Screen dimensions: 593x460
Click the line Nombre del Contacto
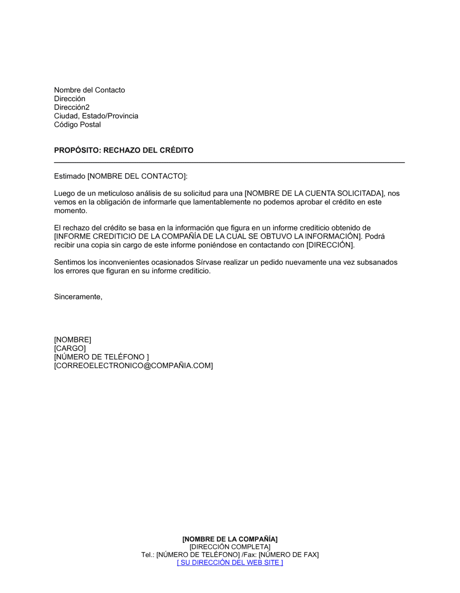point(89,90)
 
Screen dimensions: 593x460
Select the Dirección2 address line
point(72,108)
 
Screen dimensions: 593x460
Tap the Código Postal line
point(77,125)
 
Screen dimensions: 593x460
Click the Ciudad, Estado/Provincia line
point(96,116)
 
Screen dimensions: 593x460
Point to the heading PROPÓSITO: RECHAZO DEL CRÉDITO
point(124,150)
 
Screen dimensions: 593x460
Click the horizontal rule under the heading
point(229,162)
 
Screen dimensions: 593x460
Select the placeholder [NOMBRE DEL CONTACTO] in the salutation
point(137,176)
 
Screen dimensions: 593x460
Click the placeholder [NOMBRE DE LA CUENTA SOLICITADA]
point(315,194)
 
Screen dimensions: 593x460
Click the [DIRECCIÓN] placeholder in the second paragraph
point(330,245)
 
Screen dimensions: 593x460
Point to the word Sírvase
point(208,262)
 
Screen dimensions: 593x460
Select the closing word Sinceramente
point(78,297)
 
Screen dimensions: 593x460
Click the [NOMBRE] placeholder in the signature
point(73,340)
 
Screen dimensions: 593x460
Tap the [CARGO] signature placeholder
point(70,348)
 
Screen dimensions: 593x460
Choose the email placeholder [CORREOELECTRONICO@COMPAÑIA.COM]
point(133,366)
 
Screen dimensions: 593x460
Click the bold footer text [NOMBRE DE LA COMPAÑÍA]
point(230,539)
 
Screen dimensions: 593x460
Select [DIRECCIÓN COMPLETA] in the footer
point(230,547)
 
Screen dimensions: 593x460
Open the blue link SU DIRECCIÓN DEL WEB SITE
point(230,563)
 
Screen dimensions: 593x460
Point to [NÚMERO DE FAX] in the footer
point(289,555)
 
